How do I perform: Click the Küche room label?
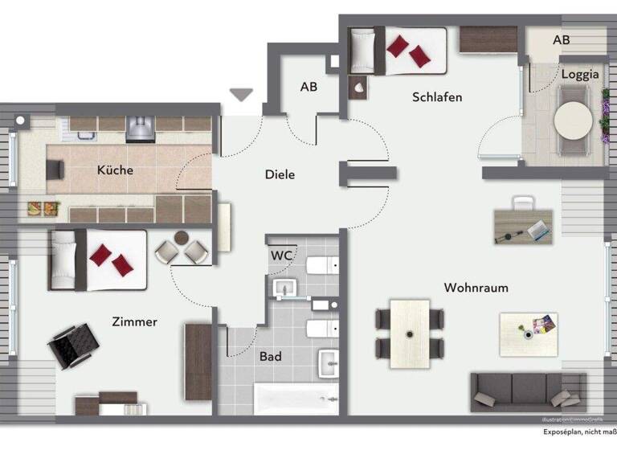coord(115,170)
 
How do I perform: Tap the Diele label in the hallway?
coord(280,174)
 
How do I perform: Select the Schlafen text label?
coord(437,97)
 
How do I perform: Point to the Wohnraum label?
coord(476,288)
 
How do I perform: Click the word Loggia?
coord(580,75)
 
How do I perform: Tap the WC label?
coord(280,256)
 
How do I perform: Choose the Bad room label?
coord(271,356)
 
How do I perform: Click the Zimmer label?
coord(134,322)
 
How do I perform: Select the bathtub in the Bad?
coord(295,398)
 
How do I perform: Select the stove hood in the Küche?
coord(140,127)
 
